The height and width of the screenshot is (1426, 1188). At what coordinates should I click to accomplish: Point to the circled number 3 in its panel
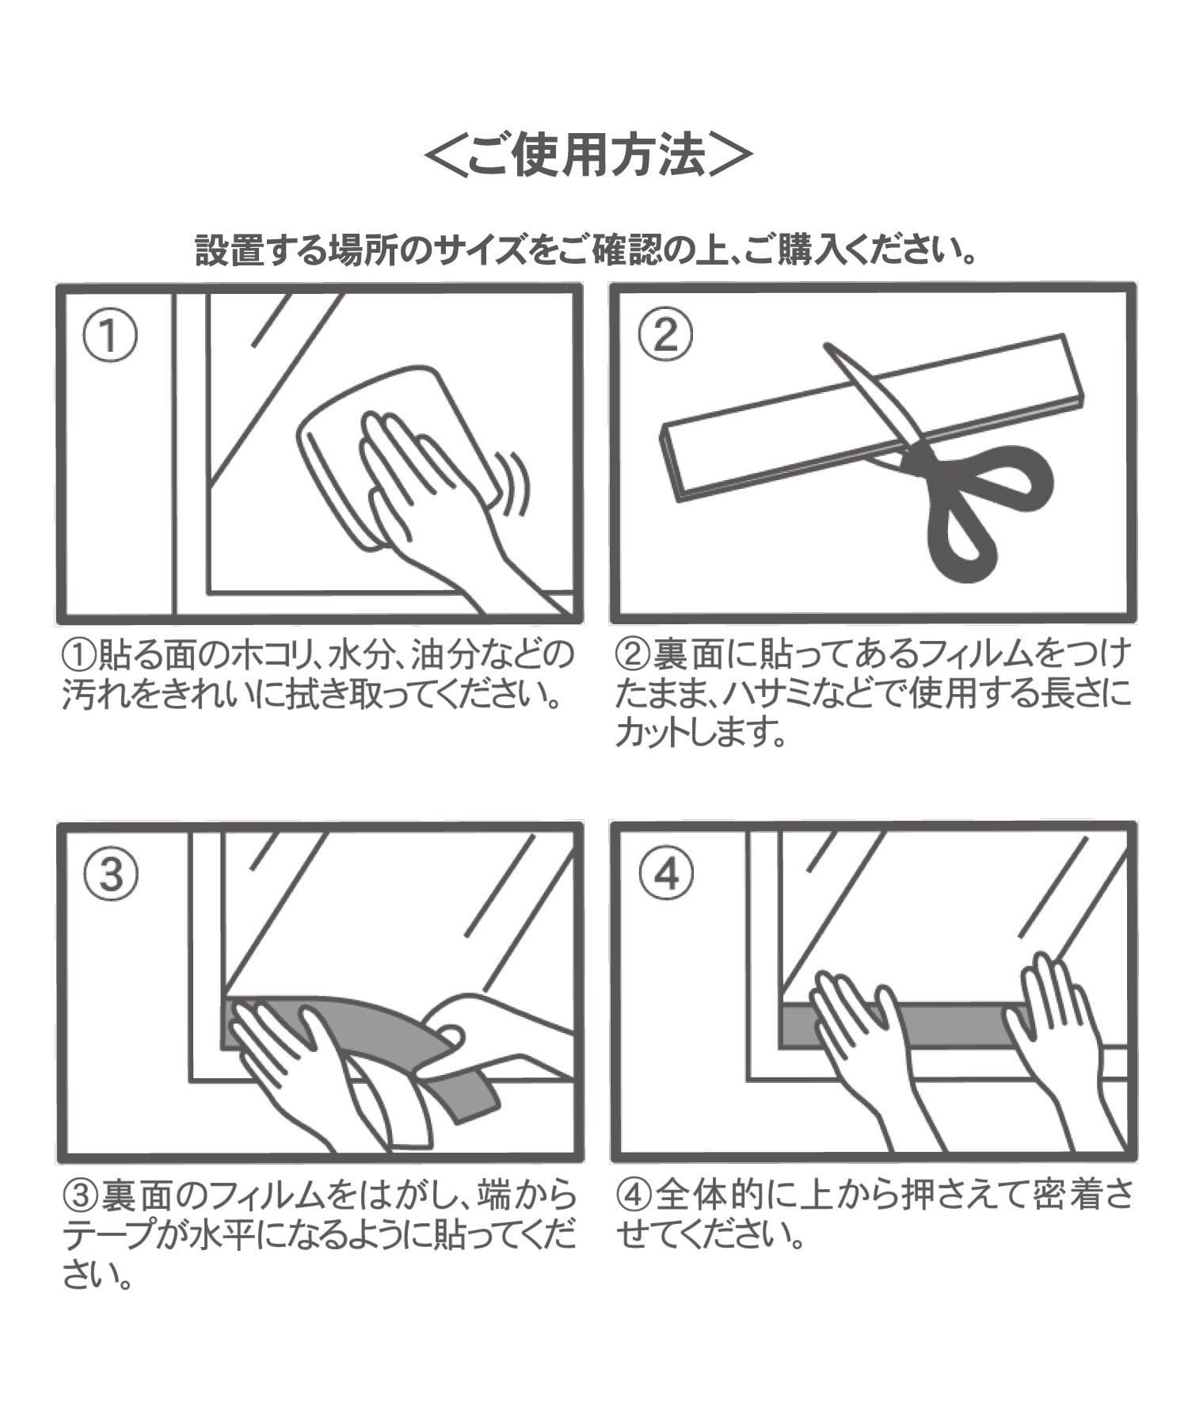coord(110,875)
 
